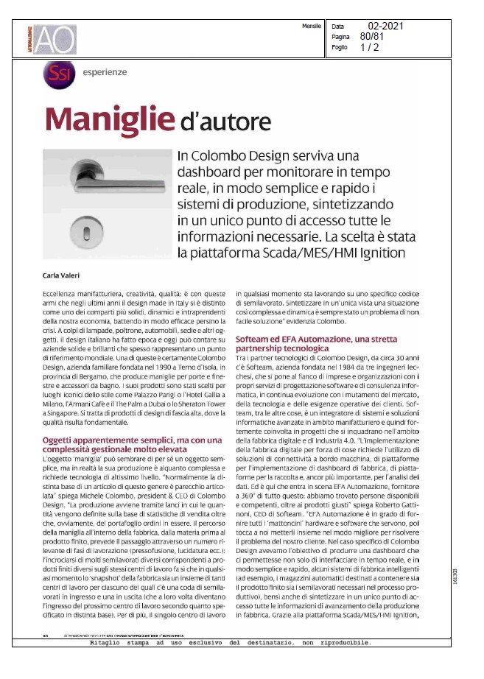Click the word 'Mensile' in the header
point(311,26)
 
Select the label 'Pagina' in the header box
point(340,36)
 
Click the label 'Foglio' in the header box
point(339,46)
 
